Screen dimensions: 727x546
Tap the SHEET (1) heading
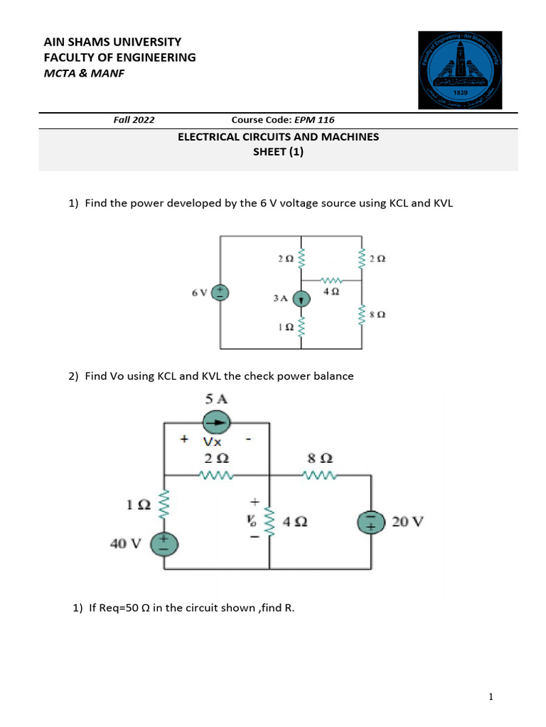(278, 151)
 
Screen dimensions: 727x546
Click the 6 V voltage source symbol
(220, 293)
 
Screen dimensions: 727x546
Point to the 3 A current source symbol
(301, 299)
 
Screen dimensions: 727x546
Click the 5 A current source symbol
(218, 424)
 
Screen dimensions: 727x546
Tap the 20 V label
(407, 523)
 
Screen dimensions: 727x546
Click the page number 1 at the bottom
(491, 698)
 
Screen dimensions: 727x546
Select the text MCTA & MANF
(84, 73)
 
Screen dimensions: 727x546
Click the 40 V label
(125, 544)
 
